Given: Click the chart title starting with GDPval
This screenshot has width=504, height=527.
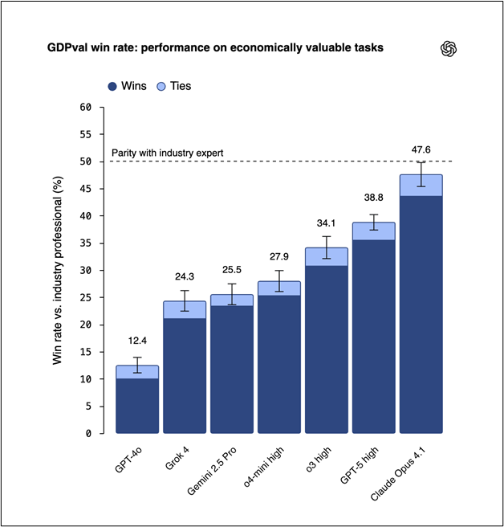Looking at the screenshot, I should point(215,48).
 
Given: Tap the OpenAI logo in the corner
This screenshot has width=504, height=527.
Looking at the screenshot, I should point(449,49).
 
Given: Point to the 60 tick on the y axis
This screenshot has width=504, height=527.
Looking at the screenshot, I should point(87,107).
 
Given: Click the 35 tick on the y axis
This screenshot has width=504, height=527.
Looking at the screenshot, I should point(87,243).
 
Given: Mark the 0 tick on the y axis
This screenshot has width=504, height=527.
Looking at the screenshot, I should point(89,433).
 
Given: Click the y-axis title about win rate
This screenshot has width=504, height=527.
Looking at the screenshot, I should point(58,270).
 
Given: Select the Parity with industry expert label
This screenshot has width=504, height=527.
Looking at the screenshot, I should point(166,153).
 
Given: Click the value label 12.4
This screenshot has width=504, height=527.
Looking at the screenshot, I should point(137,341).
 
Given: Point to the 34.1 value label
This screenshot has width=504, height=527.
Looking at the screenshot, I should point(326,223).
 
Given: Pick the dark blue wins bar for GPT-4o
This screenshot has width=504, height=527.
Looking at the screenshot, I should point(137,406).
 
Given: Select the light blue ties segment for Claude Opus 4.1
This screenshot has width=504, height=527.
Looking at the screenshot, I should point(421,185).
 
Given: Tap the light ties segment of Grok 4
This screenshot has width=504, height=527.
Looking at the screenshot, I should point(185,310).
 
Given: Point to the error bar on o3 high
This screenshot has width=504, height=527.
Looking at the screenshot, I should point(326,247).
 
